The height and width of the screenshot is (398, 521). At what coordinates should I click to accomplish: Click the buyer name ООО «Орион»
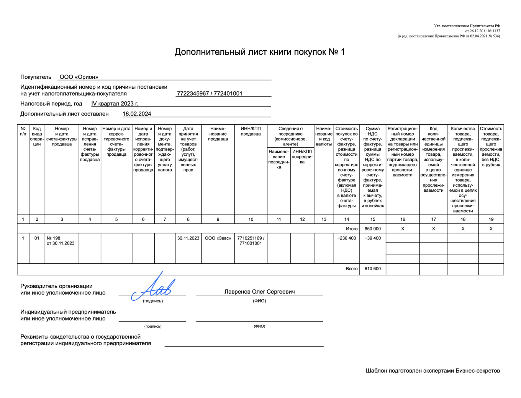click(79, 77)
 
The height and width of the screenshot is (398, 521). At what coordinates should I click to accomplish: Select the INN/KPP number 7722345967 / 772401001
click(210, 93)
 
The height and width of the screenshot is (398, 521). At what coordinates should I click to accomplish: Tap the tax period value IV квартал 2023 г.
click(115, 103)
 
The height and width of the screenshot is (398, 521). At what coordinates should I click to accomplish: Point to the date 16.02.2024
click(137, 114)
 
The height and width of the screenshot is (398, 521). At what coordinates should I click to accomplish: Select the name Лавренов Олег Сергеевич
click(259, 292)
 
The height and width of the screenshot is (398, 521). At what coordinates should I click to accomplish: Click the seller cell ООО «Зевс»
click(218, 238)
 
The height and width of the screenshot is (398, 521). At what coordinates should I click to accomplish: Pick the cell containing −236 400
click(346, 238)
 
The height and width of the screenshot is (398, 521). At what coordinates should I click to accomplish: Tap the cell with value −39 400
click(372, 238)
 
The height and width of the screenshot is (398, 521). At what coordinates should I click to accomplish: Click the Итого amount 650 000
click(372, 228)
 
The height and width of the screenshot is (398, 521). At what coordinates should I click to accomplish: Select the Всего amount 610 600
click(372, 269)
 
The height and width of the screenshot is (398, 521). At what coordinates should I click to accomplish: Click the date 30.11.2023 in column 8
click(188, 238)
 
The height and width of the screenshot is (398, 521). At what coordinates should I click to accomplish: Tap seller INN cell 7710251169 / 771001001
click(251, 241)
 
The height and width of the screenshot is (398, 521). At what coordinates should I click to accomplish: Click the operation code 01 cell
click(37, 238)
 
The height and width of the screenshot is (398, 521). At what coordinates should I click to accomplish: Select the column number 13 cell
click(324, 219)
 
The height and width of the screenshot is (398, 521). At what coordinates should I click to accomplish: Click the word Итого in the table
click(351, 228)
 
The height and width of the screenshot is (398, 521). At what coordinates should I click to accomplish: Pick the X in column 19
click(491, 228)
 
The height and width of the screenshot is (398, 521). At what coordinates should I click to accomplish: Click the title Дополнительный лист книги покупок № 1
click(260, 52)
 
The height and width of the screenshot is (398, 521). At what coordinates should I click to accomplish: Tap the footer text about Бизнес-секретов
click(433, 370)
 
